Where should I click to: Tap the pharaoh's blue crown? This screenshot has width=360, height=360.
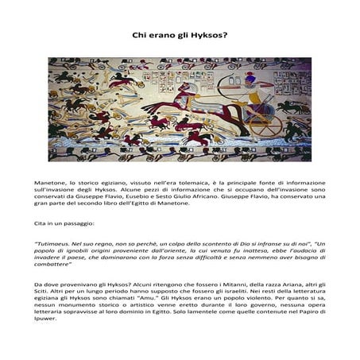253,77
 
